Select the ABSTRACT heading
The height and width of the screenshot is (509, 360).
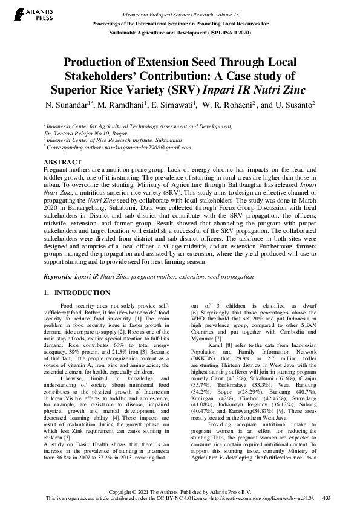coord(62,163)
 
